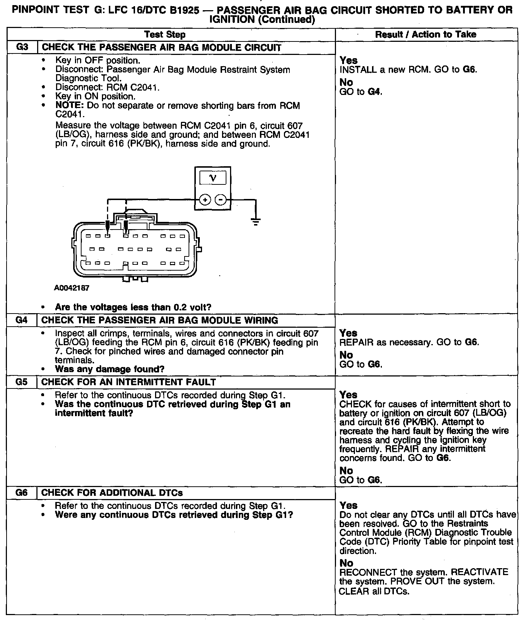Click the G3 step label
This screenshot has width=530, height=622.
(22, 47)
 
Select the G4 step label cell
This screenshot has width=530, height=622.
(22, 320)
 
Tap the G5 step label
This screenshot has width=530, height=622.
(22, 382)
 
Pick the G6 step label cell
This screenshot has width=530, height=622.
(22, 493)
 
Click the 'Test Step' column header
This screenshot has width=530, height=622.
(165, 35)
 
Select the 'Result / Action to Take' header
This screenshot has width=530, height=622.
(426, 35)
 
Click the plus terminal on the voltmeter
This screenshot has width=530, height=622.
(205, 200)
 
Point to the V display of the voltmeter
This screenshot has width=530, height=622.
(213, 178)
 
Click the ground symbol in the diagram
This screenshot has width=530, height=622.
(256, 221)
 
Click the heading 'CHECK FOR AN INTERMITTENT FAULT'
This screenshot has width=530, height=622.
(128, 382)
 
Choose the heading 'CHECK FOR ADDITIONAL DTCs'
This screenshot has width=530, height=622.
(112, 493)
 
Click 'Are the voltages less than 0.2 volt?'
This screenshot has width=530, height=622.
(133, 307)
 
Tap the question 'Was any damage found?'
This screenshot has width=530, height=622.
(110, 369)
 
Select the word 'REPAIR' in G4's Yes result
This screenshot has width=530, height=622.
(354, 342)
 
